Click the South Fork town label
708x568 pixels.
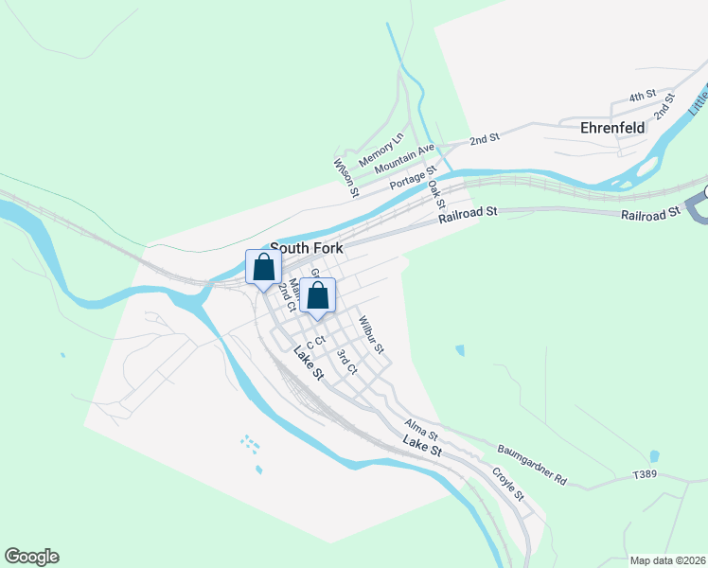pyautogui.click(x=307, y=248)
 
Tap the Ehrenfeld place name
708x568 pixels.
pyautogui.click(x=612, y=127)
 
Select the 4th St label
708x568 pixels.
pyautogui.click(x=644, y=96)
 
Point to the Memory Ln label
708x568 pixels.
pyautogui.click(x=381, y=149)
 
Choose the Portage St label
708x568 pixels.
pyautogui.click(x=414, y=178)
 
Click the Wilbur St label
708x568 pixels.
pyautogui.click(x=371, y=335)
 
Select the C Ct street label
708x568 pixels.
pyautogui.click(x=315, y=346)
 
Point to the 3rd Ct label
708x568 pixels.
pyautogui.click(x=346, y=363)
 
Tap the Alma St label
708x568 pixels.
pyautogui.click(x=420, y=429)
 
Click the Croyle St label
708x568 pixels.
pyautogui.click(x=507, y=483)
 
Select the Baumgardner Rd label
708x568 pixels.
pyautogui.click(x=531, y=462)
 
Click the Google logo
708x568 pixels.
pyautogui.click(x=31, y=557)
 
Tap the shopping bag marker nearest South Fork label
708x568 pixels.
pyautogui.click(x=264, y=267)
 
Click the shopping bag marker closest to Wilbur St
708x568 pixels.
pyautogui.click(x=319, y=294)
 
